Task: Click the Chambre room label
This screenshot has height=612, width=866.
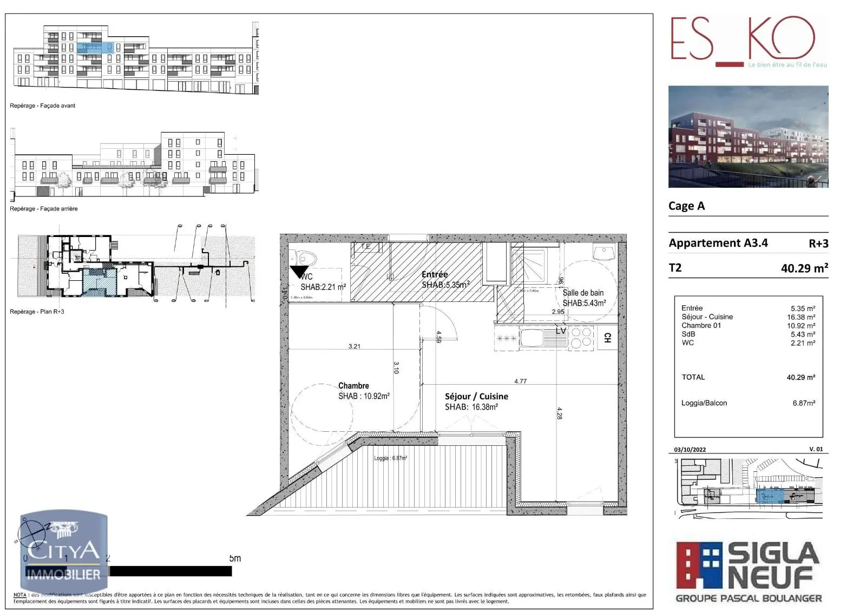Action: tap(353, 386)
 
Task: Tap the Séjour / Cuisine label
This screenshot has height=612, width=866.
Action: tap(476, 397)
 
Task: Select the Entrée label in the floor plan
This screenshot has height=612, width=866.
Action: tap(435, 274)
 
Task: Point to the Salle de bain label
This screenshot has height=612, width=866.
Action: tap(583, 293)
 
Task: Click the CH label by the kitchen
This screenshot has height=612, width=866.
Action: tap(607, 338)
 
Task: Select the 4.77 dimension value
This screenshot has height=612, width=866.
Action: tap(520, 381)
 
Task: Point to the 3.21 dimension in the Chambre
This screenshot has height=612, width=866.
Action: tap(355, 346)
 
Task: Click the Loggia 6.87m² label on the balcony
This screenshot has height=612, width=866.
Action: tap(390, 458)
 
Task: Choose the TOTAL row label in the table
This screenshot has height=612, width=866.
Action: tap(693, 377)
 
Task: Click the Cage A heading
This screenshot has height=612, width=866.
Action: tap(686, 206)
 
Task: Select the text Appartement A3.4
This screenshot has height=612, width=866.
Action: tap(718, 243)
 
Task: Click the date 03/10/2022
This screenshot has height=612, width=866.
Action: tap(690, 450)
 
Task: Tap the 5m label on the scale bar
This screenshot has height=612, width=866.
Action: tap(235, 558)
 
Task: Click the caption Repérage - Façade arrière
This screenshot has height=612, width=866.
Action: tap(44, 209)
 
